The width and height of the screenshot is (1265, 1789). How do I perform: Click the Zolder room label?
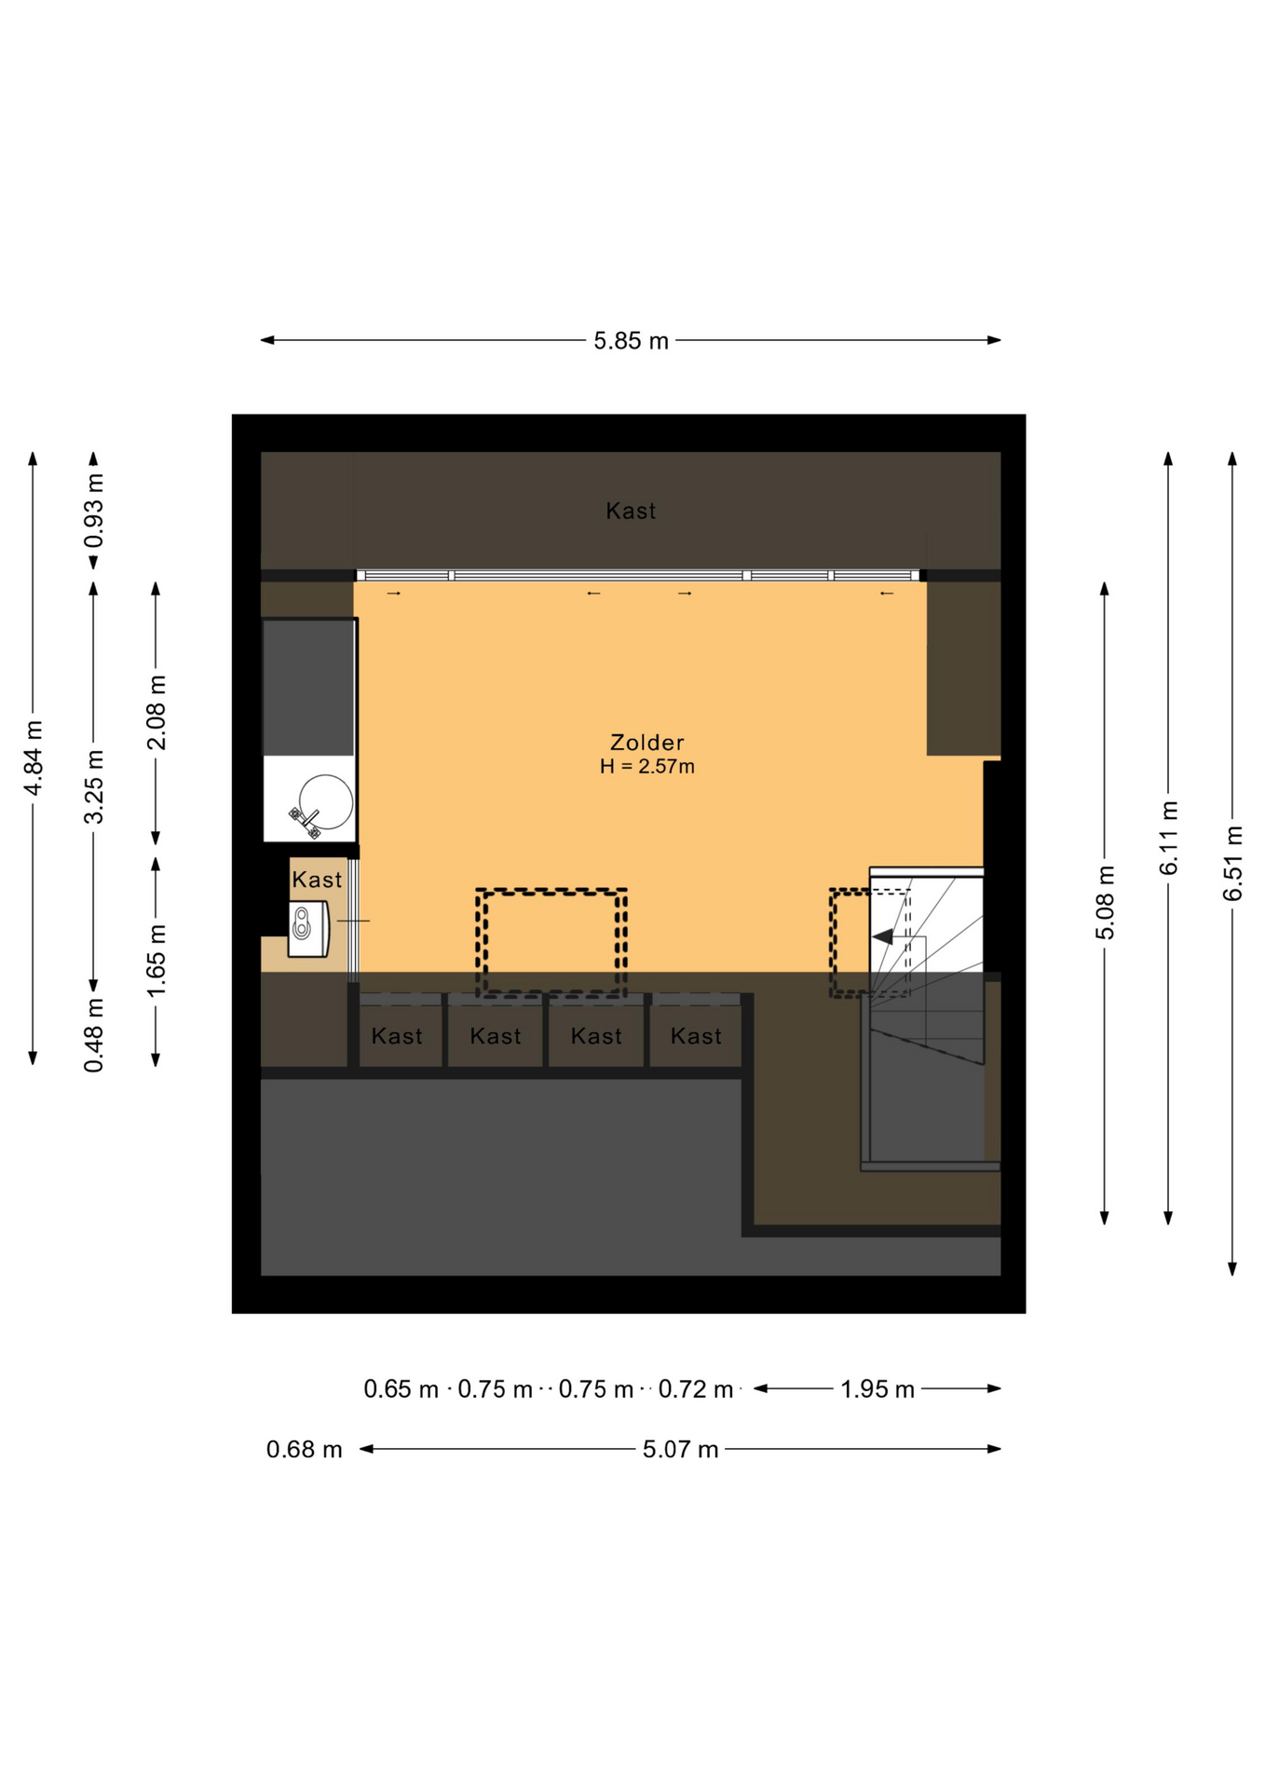click(646, 743)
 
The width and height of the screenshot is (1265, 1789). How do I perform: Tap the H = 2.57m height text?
click(647, 767)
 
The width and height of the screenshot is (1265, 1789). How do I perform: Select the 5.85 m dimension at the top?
click(632, 341)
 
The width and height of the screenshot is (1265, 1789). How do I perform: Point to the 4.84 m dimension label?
click(34, 758)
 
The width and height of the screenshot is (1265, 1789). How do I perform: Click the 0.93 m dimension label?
click(94, 512)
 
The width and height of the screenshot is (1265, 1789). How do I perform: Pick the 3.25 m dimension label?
click(94, 786)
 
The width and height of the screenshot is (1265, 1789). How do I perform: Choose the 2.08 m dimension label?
click(156, 713)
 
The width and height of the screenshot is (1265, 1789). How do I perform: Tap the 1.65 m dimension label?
click(156, 961)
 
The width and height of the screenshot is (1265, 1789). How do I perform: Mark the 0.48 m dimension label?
click(94, 1034)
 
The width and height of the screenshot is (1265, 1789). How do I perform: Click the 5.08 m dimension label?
click(1105, 903)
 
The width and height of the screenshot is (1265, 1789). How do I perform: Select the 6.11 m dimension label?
click(1169, 838)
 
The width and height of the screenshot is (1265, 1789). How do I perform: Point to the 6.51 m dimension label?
click(1232, 864)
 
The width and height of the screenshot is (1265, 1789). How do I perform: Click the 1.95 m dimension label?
click(877, 1389)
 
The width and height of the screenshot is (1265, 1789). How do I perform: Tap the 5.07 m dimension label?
click(681, 1450)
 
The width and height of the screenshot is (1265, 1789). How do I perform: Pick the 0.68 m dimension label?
click(305, 1450)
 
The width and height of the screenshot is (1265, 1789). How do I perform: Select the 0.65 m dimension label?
click(401, 1389)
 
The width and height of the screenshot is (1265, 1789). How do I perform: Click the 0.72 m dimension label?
click(696, 1389)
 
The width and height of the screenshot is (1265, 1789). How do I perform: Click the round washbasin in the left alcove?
click(326, 802)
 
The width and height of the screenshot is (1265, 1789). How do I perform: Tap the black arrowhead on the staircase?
click(882, 936)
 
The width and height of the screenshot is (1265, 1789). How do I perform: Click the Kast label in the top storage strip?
click(631, 511)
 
